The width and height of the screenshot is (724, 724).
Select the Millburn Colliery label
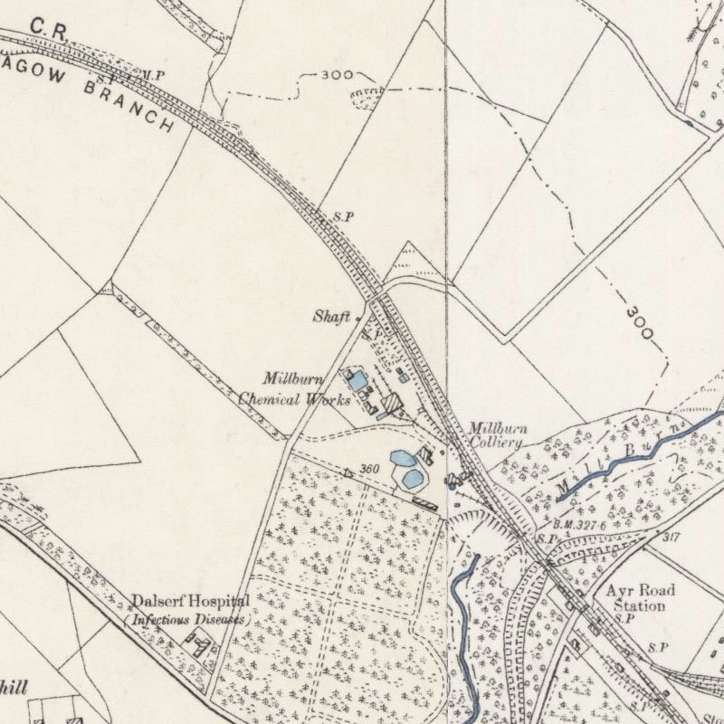click(496, 435)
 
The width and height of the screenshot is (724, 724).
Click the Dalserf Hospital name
click(190, 601)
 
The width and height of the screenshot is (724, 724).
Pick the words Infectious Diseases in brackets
click(188, 620)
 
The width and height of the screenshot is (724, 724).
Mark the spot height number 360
click(368, 469)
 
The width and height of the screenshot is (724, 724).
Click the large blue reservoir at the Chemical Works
click(358, 381)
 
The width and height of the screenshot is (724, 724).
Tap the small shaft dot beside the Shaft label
click(358, 319)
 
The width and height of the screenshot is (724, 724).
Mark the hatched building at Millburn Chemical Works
click(392, 402)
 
